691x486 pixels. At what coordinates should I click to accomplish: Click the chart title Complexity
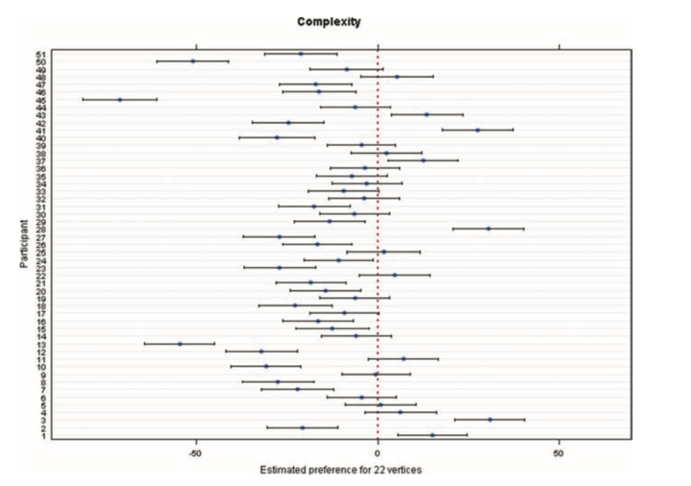329,22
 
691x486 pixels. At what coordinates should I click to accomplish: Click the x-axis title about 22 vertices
341,470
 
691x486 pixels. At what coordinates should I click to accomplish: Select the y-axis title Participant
24,244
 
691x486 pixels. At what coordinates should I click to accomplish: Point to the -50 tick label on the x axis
196,454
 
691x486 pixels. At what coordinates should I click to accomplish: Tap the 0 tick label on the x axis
378,454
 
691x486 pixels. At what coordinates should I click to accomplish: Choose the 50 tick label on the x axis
559,454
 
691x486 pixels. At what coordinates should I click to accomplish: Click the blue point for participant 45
120,99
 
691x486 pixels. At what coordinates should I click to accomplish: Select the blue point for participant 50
193,61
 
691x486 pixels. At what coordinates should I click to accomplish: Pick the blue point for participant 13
179,344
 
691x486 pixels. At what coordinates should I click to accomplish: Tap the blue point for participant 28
489,229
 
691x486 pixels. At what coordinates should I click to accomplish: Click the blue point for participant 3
490,420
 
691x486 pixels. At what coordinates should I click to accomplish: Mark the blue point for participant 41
478,130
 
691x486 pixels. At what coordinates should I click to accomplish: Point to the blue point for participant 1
432,435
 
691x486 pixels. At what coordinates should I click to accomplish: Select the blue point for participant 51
301,53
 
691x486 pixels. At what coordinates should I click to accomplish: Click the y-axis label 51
40,53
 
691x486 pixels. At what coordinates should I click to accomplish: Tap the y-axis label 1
43,435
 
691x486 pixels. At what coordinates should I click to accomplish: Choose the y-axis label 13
40,344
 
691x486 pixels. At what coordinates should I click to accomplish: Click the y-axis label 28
40,229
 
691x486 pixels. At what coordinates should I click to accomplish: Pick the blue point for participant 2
302,428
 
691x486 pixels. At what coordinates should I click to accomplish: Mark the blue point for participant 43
426,115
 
